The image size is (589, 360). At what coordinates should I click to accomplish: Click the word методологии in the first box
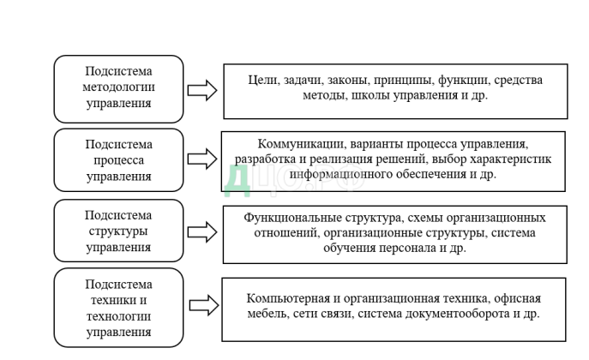(x=119, y=87)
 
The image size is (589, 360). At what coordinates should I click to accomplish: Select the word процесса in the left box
(x=119, y=160)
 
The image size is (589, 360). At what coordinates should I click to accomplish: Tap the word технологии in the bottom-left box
(x=119, y=315)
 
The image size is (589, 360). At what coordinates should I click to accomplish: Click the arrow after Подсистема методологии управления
(x=202, y=90)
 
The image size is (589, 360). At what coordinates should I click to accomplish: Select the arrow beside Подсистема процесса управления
(x=202, y=159)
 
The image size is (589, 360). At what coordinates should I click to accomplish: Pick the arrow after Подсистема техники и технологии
(x=202, y=306)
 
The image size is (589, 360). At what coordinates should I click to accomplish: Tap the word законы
(x=347, y=80)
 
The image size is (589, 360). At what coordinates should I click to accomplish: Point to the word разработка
(x=264, y=159)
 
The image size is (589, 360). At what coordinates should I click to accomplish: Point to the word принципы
(x=403, y=80)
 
